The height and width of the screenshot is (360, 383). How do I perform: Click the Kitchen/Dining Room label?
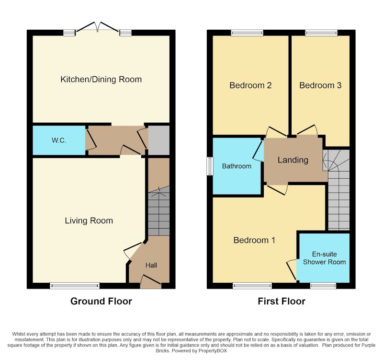[x=101, y=80]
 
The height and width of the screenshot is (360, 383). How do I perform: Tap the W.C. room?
[x=59, y=140]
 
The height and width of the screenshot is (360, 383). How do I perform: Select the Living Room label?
[x=89, y=221]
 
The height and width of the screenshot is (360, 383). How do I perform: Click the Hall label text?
[x=151, y=266]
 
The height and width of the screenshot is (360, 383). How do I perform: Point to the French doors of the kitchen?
[x=98, y=27]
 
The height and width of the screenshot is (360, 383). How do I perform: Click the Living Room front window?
[x=75, y=286]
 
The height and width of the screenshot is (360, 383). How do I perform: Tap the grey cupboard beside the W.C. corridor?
[x=159, y=140]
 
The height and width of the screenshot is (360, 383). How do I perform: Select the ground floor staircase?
[x=159, y=211]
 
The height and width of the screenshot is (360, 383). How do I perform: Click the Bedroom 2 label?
[x=250, y=85]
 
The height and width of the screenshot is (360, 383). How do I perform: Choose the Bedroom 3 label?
[x=320, y=85]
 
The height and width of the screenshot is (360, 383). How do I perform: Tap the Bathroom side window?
[x=210, y=166]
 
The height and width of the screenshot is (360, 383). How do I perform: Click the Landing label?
[x=293, y=160]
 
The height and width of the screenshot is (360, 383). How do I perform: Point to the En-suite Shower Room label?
[x=325, y=258]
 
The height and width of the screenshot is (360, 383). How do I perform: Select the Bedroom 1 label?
[x=254, y=240]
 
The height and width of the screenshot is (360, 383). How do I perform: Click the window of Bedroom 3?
[x=321, y=33]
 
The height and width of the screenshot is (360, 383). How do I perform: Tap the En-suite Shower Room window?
[x=323, y=286]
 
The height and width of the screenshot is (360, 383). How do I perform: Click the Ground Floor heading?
[x=101, y=302]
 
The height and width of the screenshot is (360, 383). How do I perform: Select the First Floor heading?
[x=282, y=302]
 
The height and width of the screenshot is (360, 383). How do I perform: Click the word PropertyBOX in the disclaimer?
[x=213, y=351]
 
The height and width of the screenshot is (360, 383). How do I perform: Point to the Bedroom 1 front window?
[x=252, y=286]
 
